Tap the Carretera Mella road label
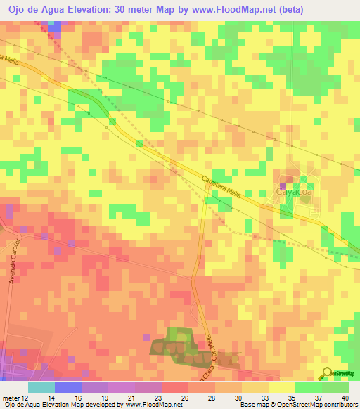221,188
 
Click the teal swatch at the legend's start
41,387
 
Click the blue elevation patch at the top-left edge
53,26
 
